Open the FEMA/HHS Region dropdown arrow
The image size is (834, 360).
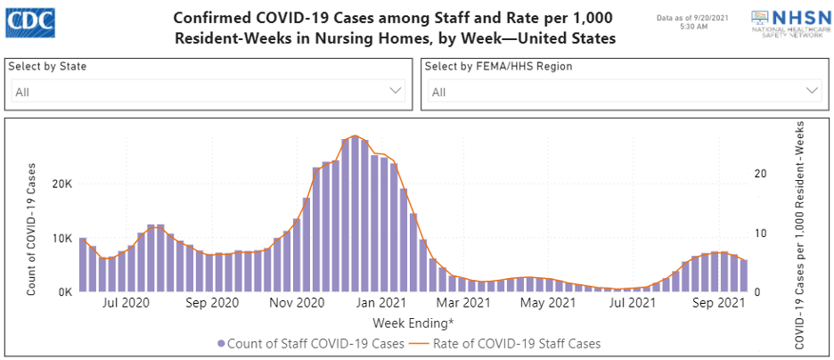click(812, 91)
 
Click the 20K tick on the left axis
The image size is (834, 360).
click(60, 184)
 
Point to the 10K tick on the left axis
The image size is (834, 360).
click(60, 238)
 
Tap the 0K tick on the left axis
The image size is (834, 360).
click(62, 292)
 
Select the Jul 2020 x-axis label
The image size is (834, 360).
click(124, 304)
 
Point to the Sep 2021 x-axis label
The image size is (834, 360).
click(718, 304)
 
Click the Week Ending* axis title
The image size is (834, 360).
click(413, 322)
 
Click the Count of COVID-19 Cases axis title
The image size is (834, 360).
click(31, 229)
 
